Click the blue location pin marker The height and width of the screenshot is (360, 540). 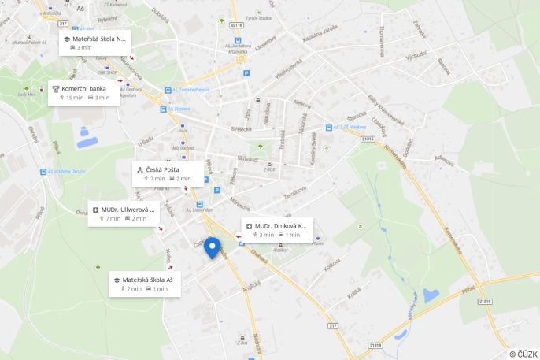point(212,247)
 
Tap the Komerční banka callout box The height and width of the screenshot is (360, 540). point(84,93)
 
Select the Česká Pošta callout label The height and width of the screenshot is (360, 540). point(166,173)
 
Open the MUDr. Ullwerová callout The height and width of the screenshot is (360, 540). point(124,213)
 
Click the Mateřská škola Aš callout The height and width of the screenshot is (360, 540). point(145,284)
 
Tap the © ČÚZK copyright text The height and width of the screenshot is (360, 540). point(523,354)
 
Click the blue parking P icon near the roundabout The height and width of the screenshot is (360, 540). point(246,73)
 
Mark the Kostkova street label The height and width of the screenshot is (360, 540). point(331,265)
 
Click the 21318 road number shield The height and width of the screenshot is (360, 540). point(375,345)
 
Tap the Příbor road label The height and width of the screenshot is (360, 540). point(468,291)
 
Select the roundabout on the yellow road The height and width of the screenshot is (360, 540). point(240,58)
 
